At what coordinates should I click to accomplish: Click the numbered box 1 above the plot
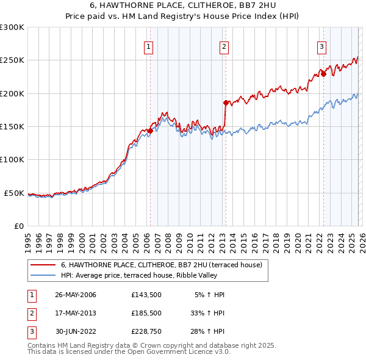pyautogui.click(x=149, y=46)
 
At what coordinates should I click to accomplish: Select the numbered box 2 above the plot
pyautogui.click(x=224, y=46)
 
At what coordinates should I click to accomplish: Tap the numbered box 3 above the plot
pyautogui.click(x=321, y=46)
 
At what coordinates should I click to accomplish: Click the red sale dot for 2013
pyautogui.click(x=226, y=103)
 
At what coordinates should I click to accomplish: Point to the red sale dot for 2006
pyautogui.click(x=150, y=131)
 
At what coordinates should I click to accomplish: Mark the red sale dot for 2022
pyautogui.click(x=324, y=74)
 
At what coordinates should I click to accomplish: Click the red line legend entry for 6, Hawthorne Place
pyautogui.click(x=162, y=265)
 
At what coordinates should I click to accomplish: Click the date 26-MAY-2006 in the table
pyautogui.click(x=76, y=295)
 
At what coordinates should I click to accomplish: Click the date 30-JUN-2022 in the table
pyautogui.click(x=76, y=331)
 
